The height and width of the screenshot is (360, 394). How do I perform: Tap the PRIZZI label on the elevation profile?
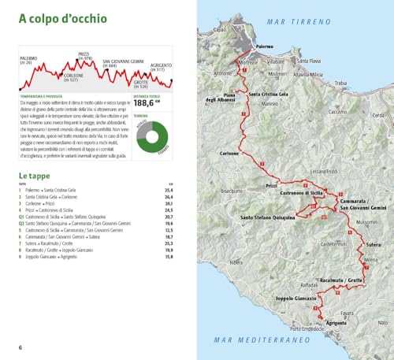click(x=85, y=55)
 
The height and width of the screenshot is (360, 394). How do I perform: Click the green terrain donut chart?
click(x=152, y=136)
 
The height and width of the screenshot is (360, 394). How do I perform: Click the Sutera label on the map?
click(x=374, y=244)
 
